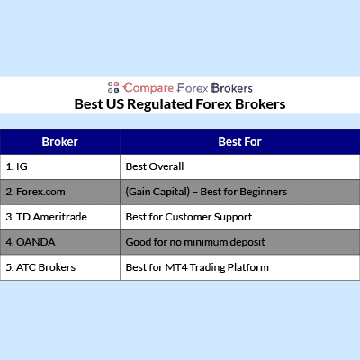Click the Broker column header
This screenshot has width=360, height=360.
tap(60, 141)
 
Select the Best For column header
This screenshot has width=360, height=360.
tap(240, 141)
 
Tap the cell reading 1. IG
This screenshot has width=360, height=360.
tap(60, 166)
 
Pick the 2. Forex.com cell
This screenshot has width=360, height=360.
tap(60, 192)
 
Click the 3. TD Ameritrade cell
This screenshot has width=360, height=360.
tap(60, 217)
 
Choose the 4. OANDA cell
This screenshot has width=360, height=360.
tap(60, 242)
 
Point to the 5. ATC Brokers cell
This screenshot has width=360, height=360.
tap(60, 267)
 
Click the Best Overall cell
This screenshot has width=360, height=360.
tap(240, 166)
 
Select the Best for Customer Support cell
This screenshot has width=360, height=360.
tap(240, 217)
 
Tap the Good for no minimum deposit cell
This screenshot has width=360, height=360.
tap(240, 242)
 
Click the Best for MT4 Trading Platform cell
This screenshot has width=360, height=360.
tap(240, 267)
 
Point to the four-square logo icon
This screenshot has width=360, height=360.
tap(113, 87)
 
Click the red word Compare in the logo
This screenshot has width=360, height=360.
tap(148, 88)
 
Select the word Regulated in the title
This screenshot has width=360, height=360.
tap(159, 104)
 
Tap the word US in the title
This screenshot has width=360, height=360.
tap(115, 104)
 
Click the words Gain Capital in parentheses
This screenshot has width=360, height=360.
tap(157, 192)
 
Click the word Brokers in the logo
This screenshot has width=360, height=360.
tap(232, 88)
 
